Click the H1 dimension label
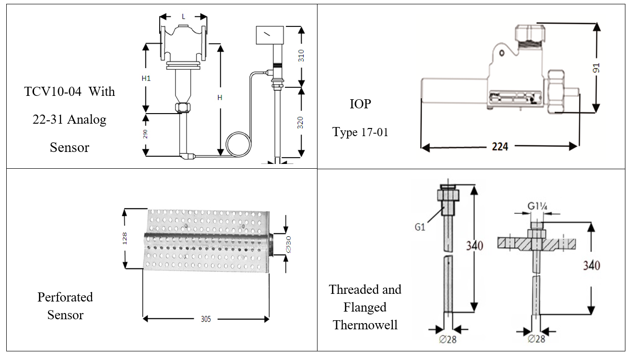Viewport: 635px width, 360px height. click(146, 78)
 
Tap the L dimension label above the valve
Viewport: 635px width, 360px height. click(183, 17)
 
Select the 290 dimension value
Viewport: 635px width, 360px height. click(145, 134)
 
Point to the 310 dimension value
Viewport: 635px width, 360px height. click(301, 56)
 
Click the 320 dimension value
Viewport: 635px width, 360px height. click(300, 123)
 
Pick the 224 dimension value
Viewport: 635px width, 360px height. click(500, 146)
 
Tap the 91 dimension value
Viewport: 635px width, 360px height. click(597, 68)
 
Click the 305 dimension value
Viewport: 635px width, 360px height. click(206, 319)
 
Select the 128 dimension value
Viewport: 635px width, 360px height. click(124, 239)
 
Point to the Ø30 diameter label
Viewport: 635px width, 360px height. click(288, 244)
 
